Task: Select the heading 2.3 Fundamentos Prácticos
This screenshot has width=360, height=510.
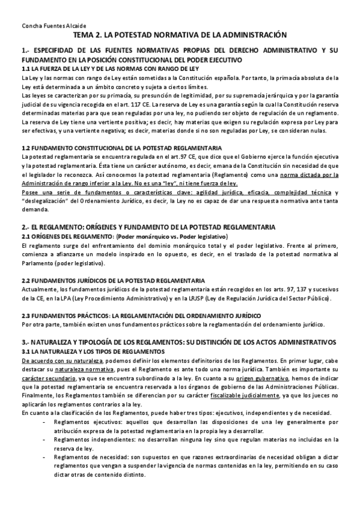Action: [143, 316]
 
